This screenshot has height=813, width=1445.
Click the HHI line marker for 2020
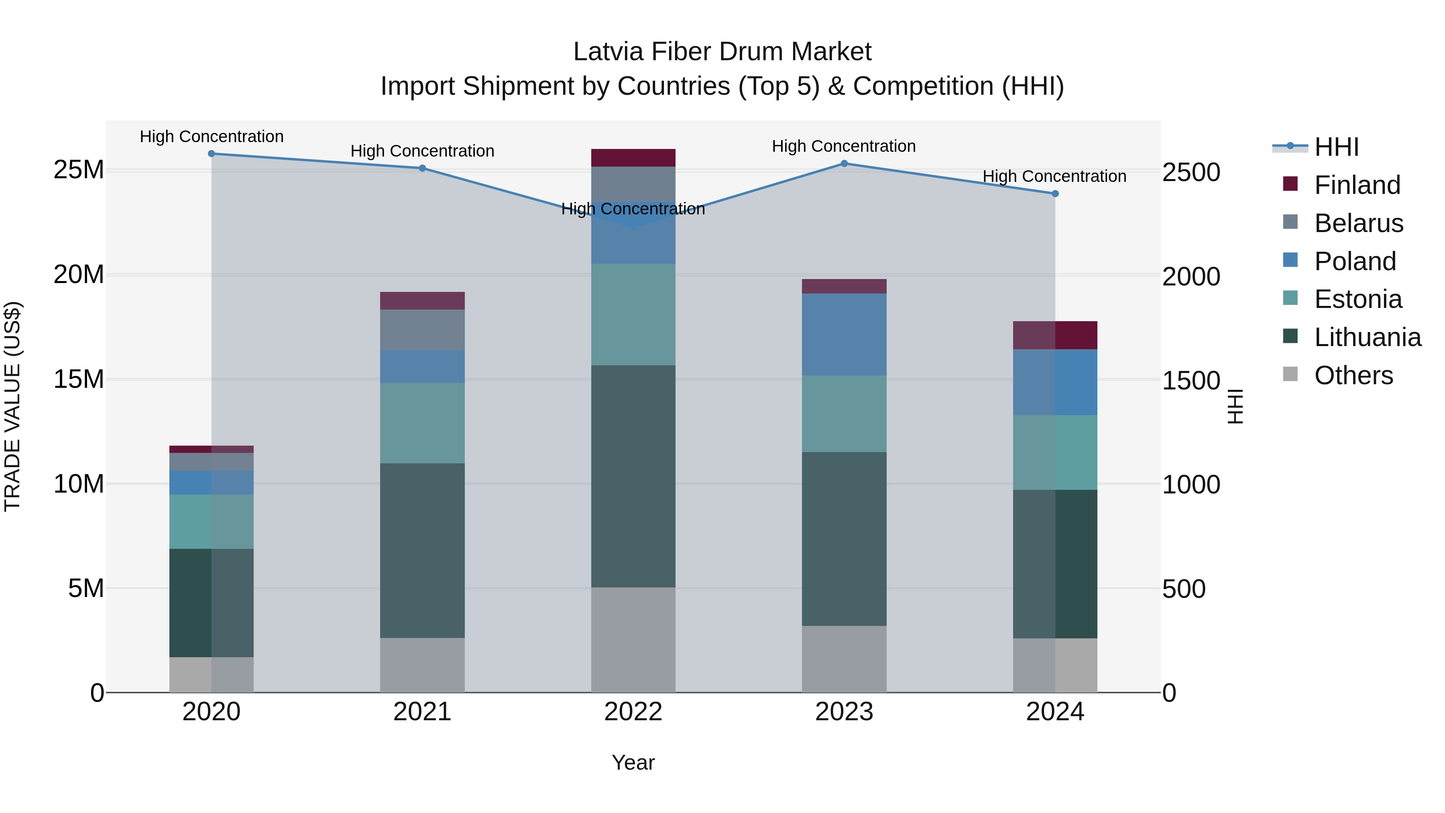(212, 154)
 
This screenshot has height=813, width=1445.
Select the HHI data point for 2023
(844, 164)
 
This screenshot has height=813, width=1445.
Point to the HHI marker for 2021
(422, 168)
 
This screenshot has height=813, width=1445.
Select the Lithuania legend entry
(1367, 337)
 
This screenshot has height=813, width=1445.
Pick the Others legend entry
(1353, 375)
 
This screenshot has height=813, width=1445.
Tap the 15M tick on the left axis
(79, 379)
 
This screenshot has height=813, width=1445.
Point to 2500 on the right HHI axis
(1191, 172)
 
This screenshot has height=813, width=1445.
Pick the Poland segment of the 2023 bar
(844, 334)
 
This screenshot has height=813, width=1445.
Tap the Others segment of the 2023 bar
(844, 659)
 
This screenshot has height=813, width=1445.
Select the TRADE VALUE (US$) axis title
(12, 406)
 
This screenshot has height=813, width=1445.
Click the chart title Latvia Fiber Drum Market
(722, 52)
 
